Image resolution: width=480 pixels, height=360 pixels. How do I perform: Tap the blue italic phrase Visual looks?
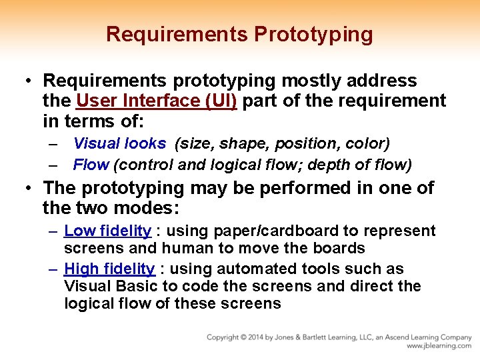119,143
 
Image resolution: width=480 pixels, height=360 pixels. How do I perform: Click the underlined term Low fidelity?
107,231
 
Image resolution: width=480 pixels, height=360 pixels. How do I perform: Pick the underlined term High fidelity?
109,269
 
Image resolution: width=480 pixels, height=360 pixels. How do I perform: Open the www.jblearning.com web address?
439,346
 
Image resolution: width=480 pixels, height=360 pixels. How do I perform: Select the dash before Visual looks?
53,144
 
